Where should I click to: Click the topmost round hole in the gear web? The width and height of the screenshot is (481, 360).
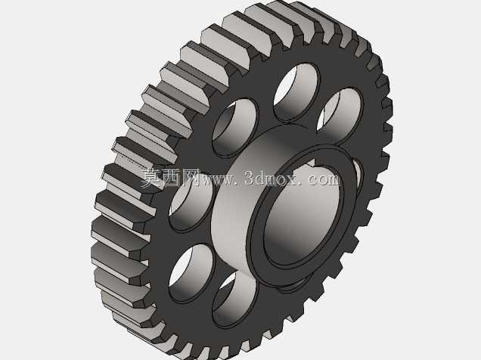(296, 92)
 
